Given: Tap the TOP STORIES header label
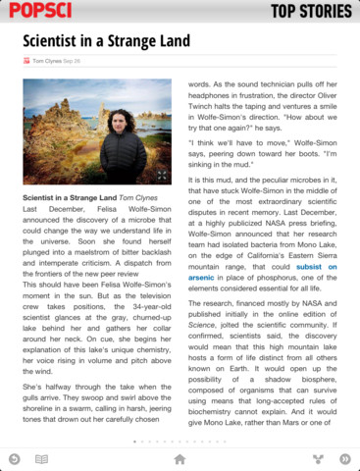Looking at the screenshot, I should (x=311, y=12).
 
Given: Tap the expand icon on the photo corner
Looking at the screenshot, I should (x=162, y=179).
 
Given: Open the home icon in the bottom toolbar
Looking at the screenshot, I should (x=180, y=458).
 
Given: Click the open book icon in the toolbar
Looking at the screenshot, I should (x=41, y=458).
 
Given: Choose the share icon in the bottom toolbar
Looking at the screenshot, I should (x=318, y=458).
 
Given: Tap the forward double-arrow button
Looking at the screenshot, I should (x=344, y=458).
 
